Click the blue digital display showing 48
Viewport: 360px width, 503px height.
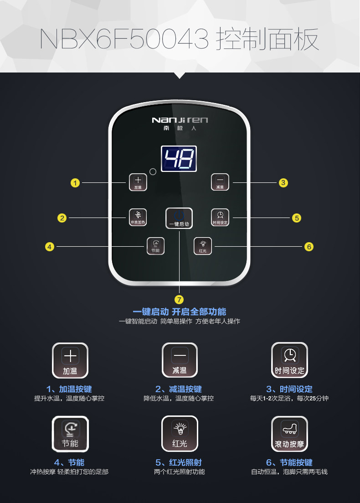coord(179,159)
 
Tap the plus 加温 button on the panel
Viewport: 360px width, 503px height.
coord(138,182)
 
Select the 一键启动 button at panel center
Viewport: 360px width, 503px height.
coord(179,218)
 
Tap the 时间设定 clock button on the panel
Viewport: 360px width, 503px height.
coord(220,217)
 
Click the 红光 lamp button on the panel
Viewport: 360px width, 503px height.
coord(202,246)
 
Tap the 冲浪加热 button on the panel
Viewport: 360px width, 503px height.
coord(138,217)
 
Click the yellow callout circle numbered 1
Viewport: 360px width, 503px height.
coord(75,183)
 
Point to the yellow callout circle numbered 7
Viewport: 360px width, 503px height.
coord(179,299)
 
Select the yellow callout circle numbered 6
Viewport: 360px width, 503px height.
coord(309,247)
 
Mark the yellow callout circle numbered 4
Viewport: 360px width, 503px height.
coord(50,247)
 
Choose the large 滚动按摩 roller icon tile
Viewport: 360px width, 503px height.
coord(289,434)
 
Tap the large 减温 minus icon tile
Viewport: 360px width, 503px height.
coord(180,360)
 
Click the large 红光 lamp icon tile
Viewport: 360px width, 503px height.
coord(180,434)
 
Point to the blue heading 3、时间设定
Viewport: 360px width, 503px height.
coord(289,389)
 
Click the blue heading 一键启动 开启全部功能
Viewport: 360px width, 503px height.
coord(180,312)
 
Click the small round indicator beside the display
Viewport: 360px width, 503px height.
coord(153,172)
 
